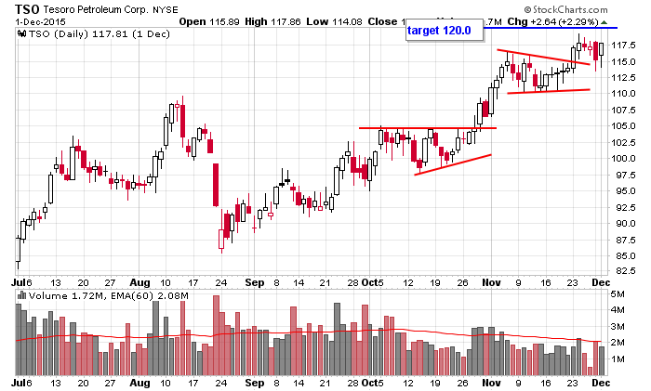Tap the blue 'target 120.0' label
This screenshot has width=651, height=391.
(439, 31)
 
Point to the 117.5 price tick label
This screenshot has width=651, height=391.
(625, 46)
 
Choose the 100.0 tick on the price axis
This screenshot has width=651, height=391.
(625, 158)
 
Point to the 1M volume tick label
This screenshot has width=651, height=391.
(619, 358)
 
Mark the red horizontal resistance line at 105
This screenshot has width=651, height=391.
(428, 128)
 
